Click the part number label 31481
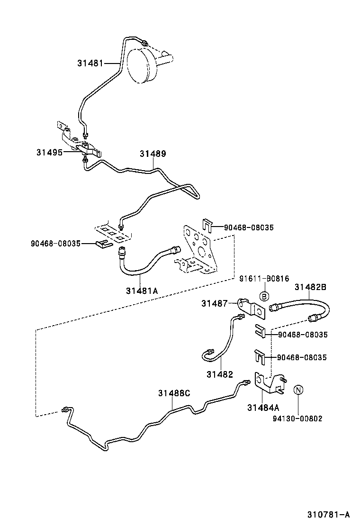point(90,63)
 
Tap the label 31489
point(153,154)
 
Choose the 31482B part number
point(310,287)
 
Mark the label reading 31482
point(219,374)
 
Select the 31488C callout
point(174,393)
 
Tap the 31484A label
point(263,407)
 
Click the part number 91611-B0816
point(264,279)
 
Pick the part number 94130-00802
point(297,418)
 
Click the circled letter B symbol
point(264,296)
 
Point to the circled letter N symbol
point(297,390)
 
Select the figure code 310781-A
point(327,514)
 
